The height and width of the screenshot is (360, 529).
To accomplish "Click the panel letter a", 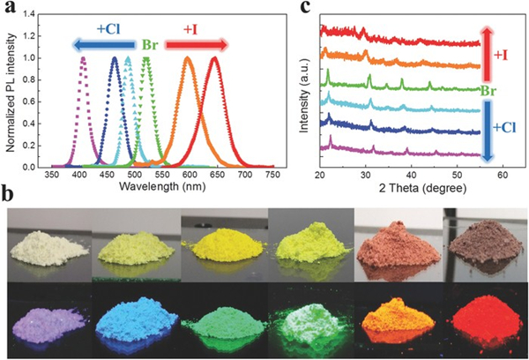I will coord(9,9).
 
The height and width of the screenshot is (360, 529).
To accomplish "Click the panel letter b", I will coord(9,191).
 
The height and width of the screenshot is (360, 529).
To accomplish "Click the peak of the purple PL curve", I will coord(84,59).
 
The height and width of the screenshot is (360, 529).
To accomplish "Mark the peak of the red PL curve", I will coord(214,59).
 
